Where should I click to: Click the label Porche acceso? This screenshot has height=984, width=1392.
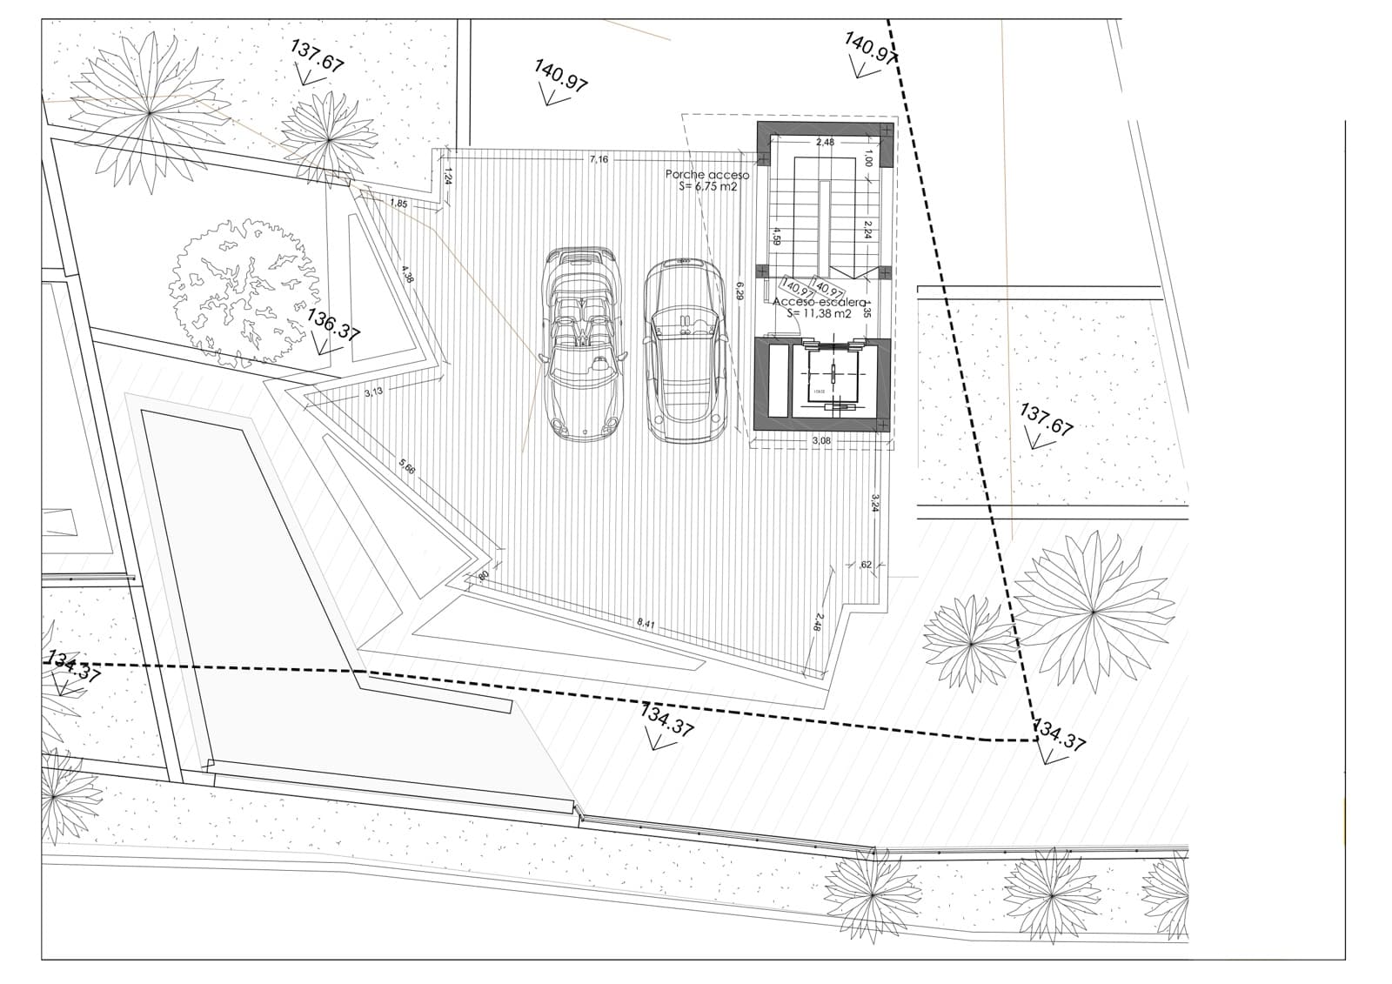[707, 175]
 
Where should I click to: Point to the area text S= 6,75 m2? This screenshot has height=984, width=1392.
[707, 186]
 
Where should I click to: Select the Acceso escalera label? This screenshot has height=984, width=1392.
[820, 302]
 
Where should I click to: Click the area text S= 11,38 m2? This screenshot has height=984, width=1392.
[819, 314]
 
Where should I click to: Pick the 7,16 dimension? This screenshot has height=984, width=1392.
[599, 159]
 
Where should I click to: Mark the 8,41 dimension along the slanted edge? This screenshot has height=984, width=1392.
[646, 623]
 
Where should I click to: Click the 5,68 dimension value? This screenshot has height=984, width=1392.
[407, 466]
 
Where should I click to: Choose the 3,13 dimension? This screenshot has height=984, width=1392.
[373, 392]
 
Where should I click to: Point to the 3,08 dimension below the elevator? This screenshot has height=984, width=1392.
[821, 441]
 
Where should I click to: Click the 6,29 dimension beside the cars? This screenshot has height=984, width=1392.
[739, 290]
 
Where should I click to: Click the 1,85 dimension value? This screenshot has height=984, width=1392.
[398, 204]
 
